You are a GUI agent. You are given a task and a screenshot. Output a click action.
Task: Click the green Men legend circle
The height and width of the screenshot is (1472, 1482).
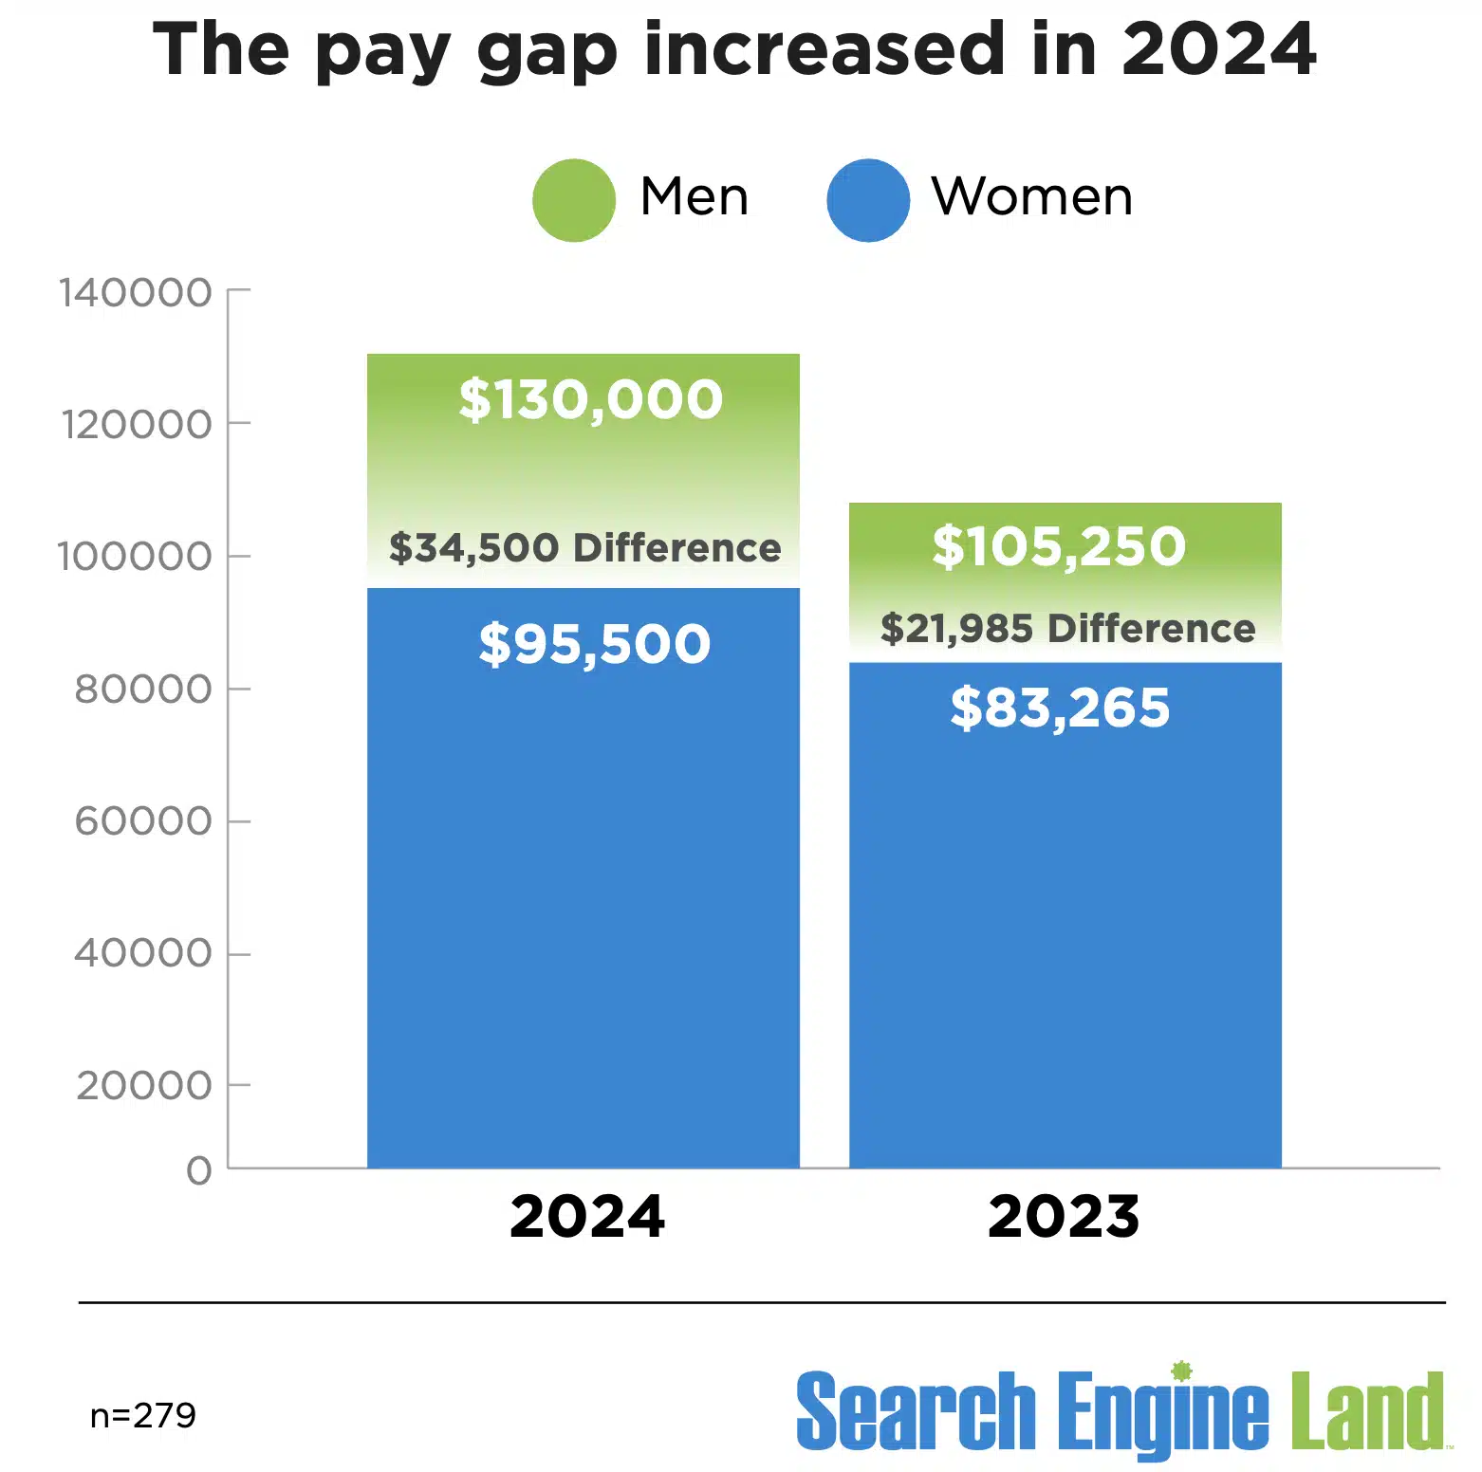coord(574,200)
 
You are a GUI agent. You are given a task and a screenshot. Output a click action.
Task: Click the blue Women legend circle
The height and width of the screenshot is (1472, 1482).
coord(868,200)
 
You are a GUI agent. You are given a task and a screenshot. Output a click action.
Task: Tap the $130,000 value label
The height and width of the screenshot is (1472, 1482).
coord(590,399)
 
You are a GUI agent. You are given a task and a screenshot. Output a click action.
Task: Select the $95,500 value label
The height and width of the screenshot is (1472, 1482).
coord(595,644)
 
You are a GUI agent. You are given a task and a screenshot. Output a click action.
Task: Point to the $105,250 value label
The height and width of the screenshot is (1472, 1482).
coord(1059,546)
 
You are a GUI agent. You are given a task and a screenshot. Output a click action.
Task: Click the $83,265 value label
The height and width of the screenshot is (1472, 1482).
coord(1060,708)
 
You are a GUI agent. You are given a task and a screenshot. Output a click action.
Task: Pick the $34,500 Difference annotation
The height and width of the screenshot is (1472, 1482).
coord(584,548)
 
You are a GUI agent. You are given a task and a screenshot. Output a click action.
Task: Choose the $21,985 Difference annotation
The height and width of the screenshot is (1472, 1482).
coord(1067,629)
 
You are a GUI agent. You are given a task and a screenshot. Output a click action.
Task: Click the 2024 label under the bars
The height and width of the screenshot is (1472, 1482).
coord(587,1217)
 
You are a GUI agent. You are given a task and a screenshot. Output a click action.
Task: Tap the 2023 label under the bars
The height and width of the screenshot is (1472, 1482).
coord(1064,1217)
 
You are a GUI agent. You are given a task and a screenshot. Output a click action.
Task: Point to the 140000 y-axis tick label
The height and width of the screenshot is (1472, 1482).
coord(135,293)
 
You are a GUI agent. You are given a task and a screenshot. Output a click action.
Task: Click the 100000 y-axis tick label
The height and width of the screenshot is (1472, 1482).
coord(135,557)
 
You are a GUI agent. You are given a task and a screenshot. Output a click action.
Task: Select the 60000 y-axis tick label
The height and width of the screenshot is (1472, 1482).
coord(143,821)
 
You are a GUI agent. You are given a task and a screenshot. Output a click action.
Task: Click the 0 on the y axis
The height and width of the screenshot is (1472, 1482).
coord(199,1170)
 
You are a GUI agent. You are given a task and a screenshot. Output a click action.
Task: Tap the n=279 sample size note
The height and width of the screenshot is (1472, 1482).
coord(143,1415)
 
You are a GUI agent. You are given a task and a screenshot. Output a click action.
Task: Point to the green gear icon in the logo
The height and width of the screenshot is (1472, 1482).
coord(1181,1371)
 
